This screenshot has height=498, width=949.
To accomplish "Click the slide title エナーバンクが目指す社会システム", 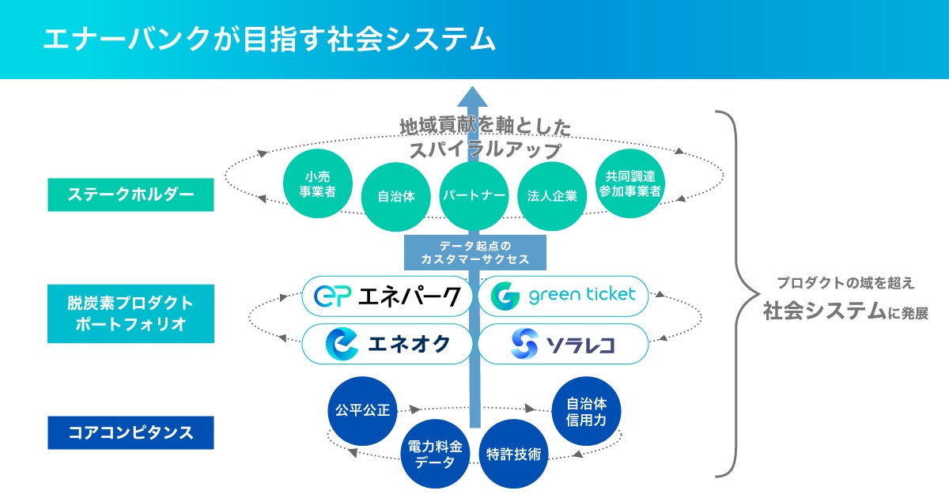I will (x=269, y=40).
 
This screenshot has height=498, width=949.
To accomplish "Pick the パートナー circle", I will (x=474, y=195).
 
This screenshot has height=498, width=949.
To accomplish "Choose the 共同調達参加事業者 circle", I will (x=630, y=183).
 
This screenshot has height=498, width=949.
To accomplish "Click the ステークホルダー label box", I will (x=130, y=194).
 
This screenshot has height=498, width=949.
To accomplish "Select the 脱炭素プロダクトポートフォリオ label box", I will (x=130, y=314).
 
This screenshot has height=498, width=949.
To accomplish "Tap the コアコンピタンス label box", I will (x=130, y=433).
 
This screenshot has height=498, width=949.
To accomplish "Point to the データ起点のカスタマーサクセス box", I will (x=474, y=252).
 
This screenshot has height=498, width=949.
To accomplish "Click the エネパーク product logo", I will (x=388, y=296).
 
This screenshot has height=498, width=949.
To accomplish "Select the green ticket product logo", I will (x=562, y=296).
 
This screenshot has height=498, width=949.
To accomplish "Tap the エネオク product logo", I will (x=388, y=344).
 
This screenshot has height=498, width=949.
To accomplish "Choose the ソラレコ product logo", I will (x=562, y=344).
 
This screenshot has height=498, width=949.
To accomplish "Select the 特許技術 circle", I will (x=514, y=453).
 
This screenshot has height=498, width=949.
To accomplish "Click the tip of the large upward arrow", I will (x=474, y=89).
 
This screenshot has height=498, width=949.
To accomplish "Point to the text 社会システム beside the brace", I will (x=822, y=311).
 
